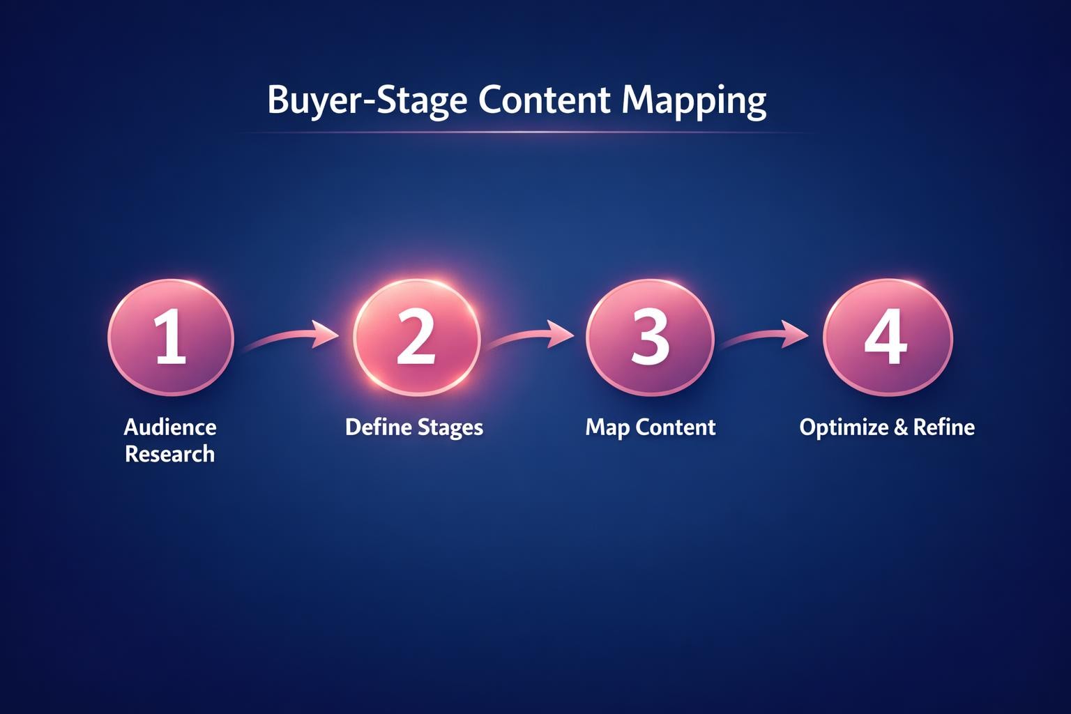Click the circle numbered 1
pos(170,338)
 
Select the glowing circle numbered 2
pos(416,338)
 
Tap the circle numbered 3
pos(650,338)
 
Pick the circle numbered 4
pos(886,338)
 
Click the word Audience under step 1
pos(170,427)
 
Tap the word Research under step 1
pos(170,455)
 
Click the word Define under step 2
pos(377,427)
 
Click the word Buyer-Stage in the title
pos(367,101)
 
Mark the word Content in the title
pos(545,100)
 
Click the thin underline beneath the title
pos(523,132)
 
